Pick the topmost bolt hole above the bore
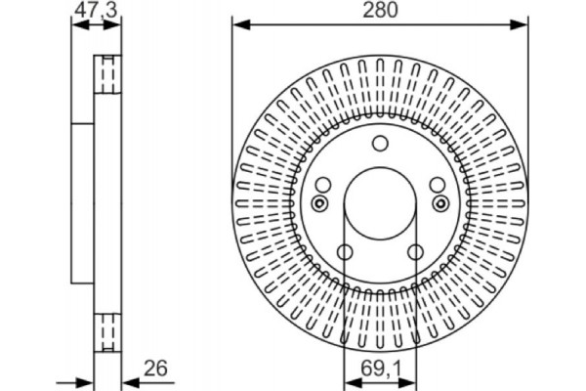point(380,145)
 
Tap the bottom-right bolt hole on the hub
point(414,251)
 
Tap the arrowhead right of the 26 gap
point(124,379)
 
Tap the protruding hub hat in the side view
point(82,201)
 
